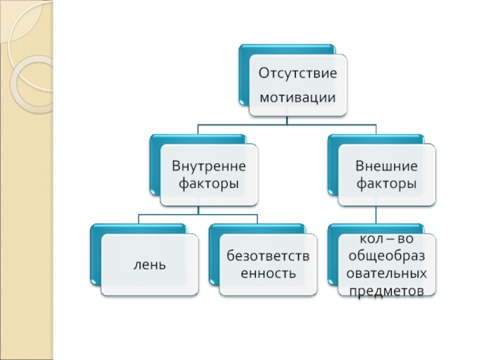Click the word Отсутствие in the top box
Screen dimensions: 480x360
(297, 73)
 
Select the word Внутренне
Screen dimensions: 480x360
(209, 164)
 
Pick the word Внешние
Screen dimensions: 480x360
(387, 164)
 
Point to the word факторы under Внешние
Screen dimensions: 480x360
(387, 182)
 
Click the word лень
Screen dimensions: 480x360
(149, 265)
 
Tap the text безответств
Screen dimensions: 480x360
(268, 256)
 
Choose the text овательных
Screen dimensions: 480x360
(387, 274)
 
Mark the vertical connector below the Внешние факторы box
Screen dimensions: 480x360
(376, 214)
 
